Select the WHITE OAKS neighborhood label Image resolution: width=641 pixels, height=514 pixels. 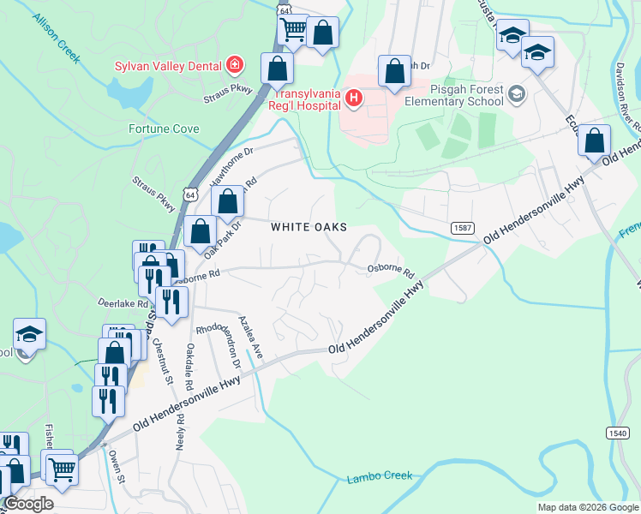(x=309, y=227)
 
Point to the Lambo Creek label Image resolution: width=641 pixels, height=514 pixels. (x=380, y=476)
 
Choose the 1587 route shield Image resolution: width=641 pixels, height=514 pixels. (x=463, y=227)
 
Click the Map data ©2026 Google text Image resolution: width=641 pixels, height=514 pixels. (x=586, y=507)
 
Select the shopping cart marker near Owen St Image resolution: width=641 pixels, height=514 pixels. (x=61, y=468)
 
